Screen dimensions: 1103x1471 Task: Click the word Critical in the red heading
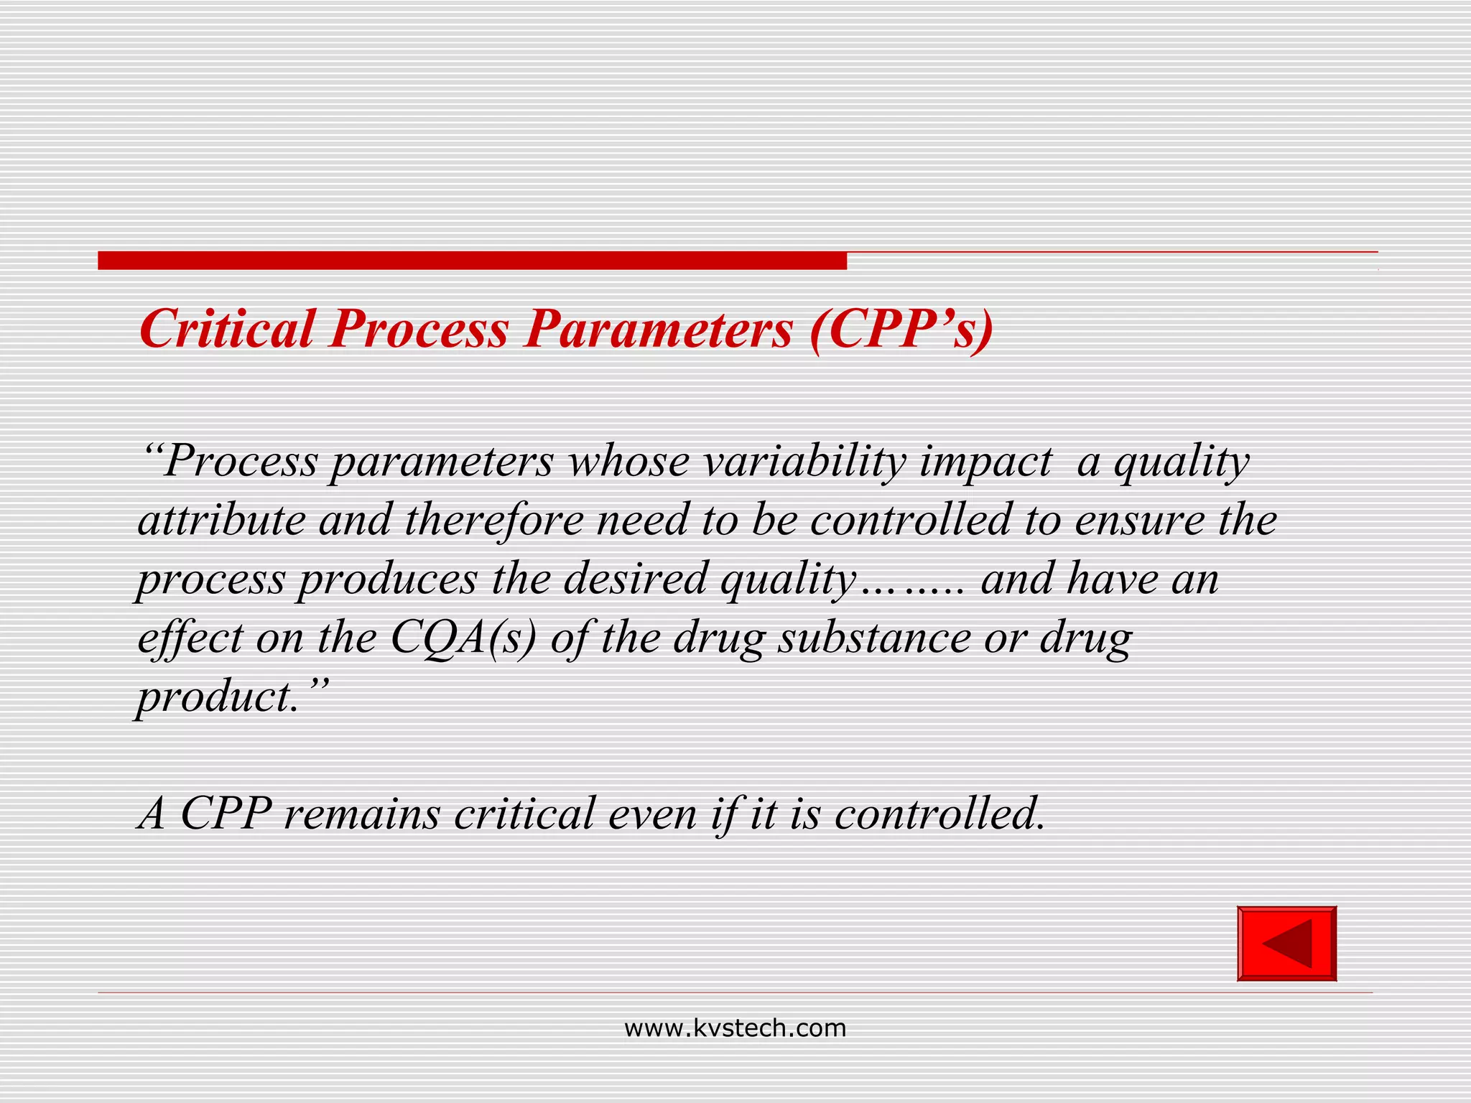pyautogui.click(x=227, y=330)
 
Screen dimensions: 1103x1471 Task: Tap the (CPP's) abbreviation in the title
pyautogui.click(x=901, y=330)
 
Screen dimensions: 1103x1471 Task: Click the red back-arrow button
pyautogui.click(x=1286, y=944)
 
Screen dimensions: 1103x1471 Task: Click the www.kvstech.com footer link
pyautogui.click(x=735, y=1028)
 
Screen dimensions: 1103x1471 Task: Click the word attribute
pyautogui.click(x=221, y=520)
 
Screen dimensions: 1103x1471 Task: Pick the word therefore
pyautogui.click(x=494, y=520)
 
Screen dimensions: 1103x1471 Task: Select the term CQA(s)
pyautogui.click(x=463, y=638)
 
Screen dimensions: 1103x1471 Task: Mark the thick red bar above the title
pyautogui.click(x=472, y=260)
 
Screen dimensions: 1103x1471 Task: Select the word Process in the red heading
pyautogui.click(x=419, y=330)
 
